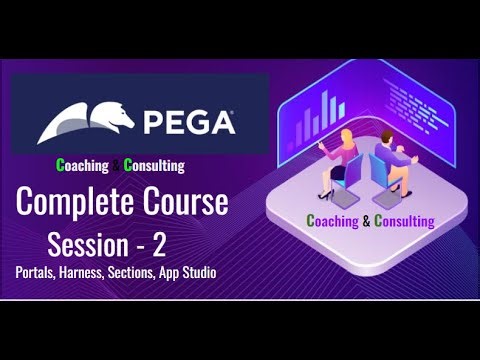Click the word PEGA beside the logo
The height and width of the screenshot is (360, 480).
click(x=191, y=123)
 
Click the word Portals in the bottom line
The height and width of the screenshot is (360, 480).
click(x=37, y=271)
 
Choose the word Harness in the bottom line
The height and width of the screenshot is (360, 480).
click(x=92, y=271)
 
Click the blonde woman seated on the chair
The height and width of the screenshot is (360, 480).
click(x=336, y=160)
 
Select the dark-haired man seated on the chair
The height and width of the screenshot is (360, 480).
click(x=392, y=160)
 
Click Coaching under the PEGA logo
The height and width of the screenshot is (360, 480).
click(x=86, y=165)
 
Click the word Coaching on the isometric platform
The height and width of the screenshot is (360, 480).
click(x=337, y=220)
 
